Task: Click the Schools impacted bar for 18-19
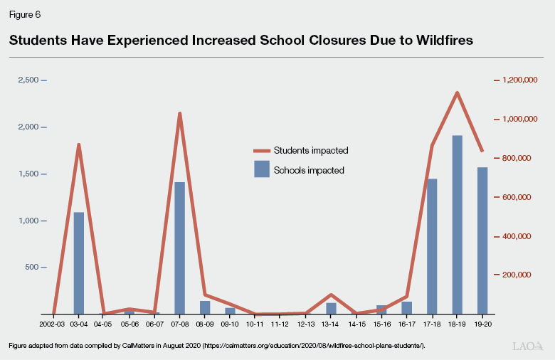point(458,225)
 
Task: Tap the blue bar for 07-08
point(180,248)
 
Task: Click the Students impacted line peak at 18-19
point(458,92)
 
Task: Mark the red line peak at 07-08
point(180,113)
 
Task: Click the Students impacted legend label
point(311,151)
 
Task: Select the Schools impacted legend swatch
point(262,169)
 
